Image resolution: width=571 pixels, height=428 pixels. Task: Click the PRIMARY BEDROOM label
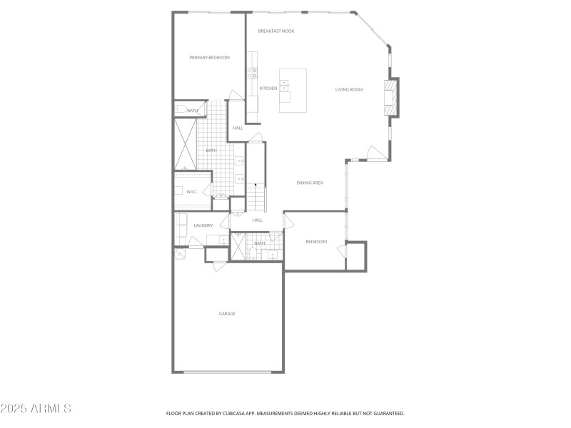tap(209, 57)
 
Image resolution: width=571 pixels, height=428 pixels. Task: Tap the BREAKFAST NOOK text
tap(276, 31)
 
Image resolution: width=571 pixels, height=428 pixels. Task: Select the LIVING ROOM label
tap(349, 90)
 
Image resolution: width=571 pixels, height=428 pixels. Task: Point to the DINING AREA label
tap(310, 183)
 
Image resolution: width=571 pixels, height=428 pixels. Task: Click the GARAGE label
tap(227, 314)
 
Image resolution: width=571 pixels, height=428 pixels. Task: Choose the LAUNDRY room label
tap(203, 225)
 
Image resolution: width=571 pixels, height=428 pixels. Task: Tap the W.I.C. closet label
tap(191, 192)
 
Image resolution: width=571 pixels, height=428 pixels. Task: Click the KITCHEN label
tap(268, 88)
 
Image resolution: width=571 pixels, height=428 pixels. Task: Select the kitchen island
tap(293, 91)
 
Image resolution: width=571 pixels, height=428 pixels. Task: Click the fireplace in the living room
tap(390, 96)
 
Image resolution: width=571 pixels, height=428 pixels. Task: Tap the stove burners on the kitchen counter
tap(253, 71)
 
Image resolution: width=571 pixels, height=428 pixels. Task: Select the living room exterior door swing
tap(375, 153)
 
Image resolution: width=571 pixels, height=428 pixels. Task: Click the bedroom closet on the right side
tap(355, 256)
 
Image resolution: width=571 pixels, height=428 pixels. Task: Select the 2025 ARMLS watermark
tap(36, 409)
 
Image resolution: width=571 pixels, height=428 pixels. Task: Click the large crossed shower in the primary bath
tap(186, 145)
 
